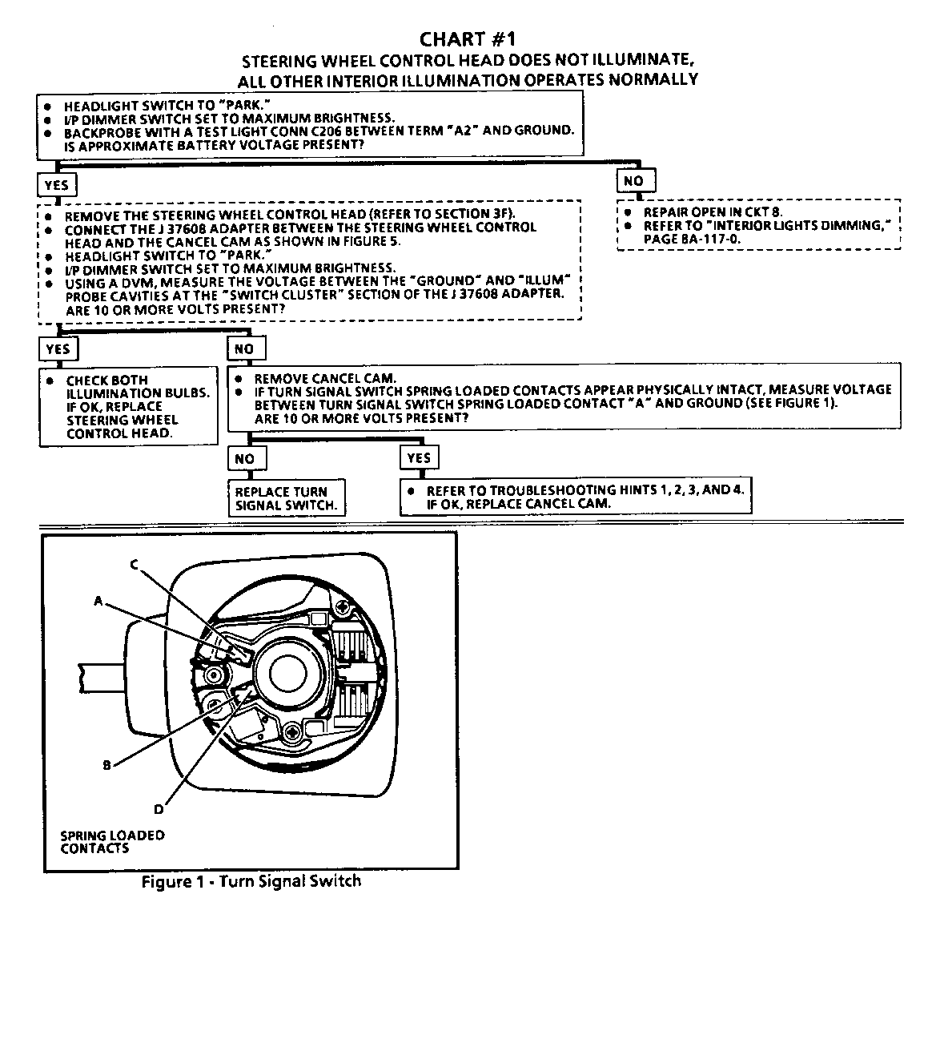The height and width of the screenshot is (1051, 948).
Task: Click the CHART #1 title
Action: [x=468, y=39]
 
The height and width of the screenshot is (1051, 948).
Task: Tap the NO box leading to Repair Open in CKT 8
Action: [x=634, y=181]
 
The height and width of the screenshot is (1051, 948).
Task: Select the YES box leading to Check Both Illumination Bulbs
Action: [x=58, y=348]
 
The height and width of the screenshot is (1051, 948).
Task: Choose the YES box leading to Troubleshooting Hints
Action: [x=419, y=458]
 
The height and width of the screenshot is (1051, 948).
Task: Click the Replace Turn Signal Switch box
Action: [x=286, y=498]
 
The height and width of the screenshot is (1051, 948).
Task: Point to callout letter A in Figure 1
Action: [x=98, y=600]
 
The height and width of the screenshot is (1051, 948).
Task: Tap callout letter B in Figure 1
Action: [x=106, y=764]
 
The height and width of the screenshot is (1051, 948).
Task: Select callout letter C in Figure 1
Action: [x=135, y=565]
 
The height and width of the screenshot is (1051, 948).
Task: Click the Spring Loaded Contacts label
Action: [x=112, y=841]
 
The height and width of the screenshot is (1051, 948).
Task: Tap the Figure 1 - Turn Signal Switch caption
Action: [x=251, y=881]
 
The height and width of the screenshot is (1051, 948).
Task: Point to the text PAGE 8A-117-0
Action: [x=694, y=238]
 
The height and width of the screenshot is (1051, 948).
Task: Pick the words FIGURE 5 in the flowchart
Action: [x=372, y=241]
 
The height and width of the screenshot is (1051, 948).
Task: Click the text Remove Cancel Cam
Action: [x=325, y=378]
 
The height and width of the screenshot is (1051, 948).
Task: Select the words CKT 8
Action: [x=763, y=212]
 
